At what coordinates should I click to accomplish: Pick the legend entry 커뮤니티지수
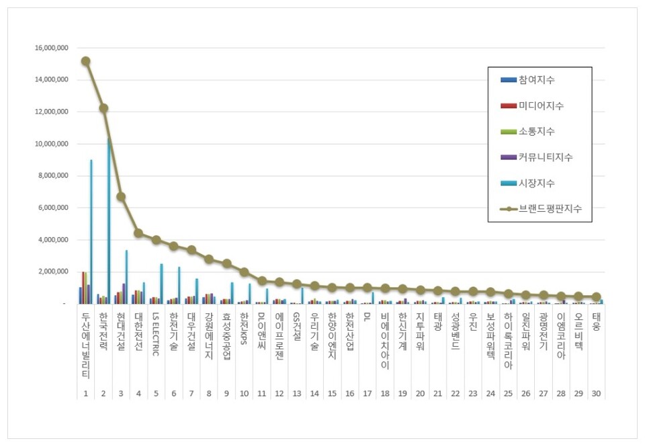[545, 157]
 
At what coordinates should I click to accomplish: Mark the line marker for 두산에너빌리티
[86, 61]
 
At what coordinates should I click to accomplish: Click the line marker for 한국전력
[103, 108]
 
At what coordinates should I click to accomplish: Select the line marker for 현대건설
[121, 197]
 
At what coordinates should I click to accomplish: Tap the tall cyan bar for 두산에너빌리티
[91, 231]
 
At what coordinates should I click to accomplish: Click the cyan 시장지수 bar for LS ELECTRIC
[161, 283]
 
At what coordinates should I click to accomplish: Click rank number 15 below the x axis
[332, 393]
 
